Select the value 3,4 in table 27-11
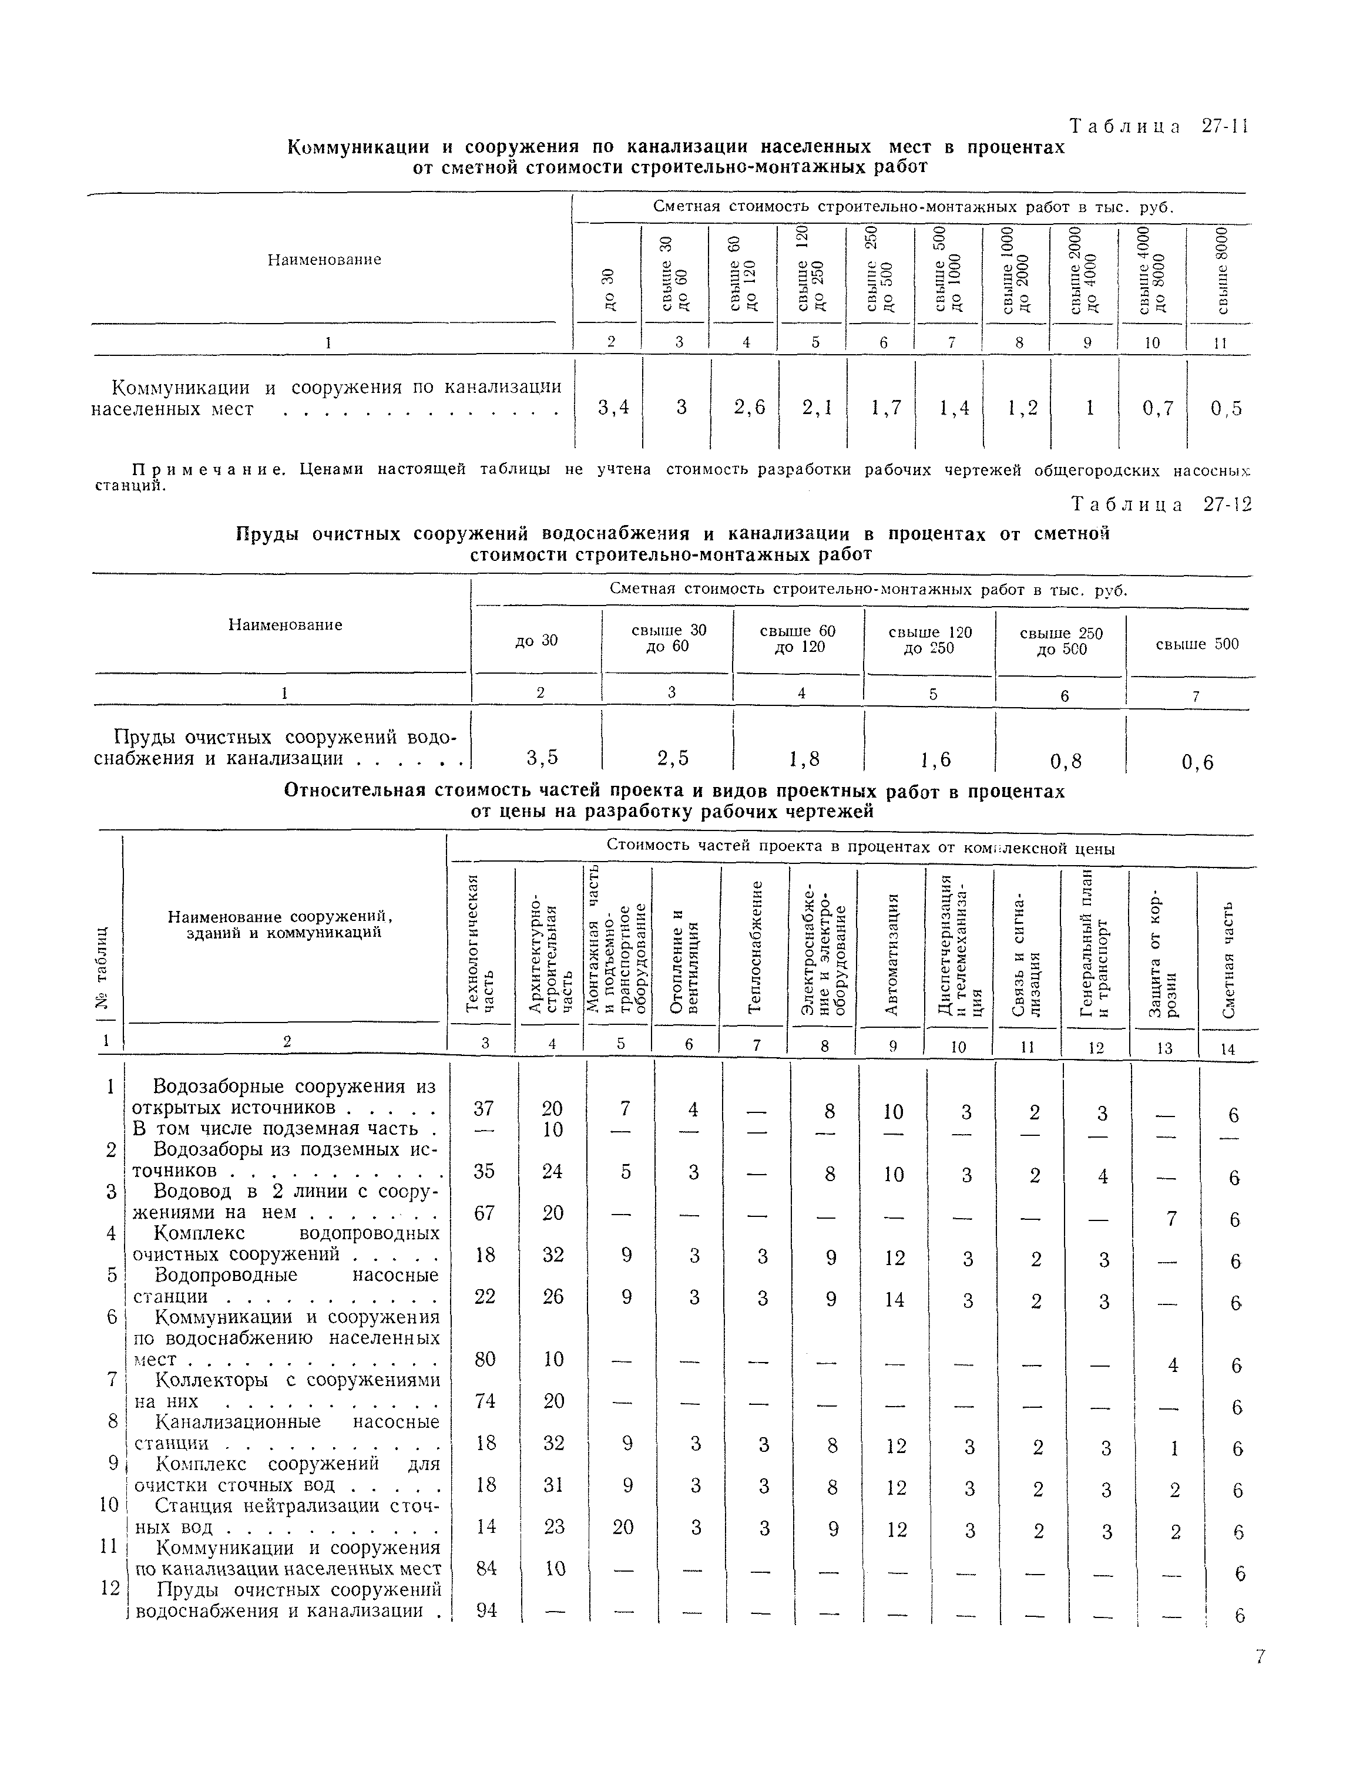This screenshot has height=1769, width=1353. [614, 408]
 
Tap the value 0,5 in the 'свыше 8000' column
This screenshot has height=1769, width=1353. [1226, 409]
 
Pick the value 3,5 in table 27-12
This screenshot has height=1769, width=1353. [542, 757]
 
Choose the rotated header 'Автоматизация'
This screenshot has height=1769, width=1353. [892, 955]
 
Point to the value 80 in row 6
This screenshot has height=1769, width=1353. [485, 1359]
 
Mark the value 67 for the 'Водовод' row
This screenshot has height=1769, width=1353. [484, 1213]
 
